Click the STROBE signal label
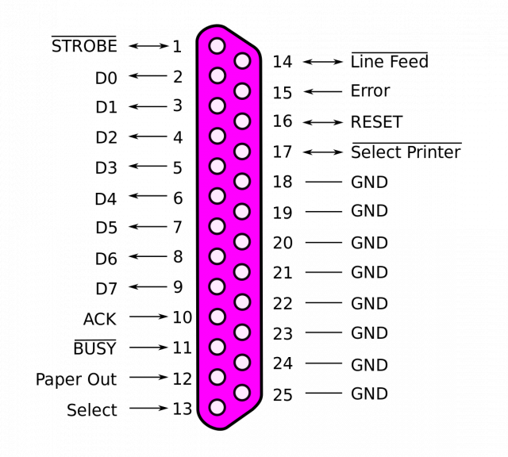click(84, 46)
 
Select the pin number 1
click(176, 47)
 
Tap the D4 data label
click(106, 198)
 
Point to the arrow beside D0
click(148, 76)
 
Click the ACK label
click(99, 319)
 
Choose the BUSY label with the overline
click(94, 348)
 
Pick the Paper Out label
click(76, 380)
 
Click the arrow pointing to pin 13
click(148, 409)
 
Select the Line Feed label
click(390, 62)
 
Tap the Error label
click(370, 91)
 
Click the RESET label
click(376, 122)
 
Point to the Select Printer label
click(406, 152)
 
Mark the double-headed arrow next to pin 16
click(322, 122)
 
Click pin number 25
click(283, 394)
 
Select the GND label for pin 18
click(369, 182)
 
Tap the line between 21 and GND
click(324, 272)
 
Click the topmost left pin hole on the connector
click(217, 46)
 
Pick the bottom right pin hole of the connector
click(243, 392)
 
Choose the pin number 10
click(182, 317)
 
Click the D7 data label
click(106, 288)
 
